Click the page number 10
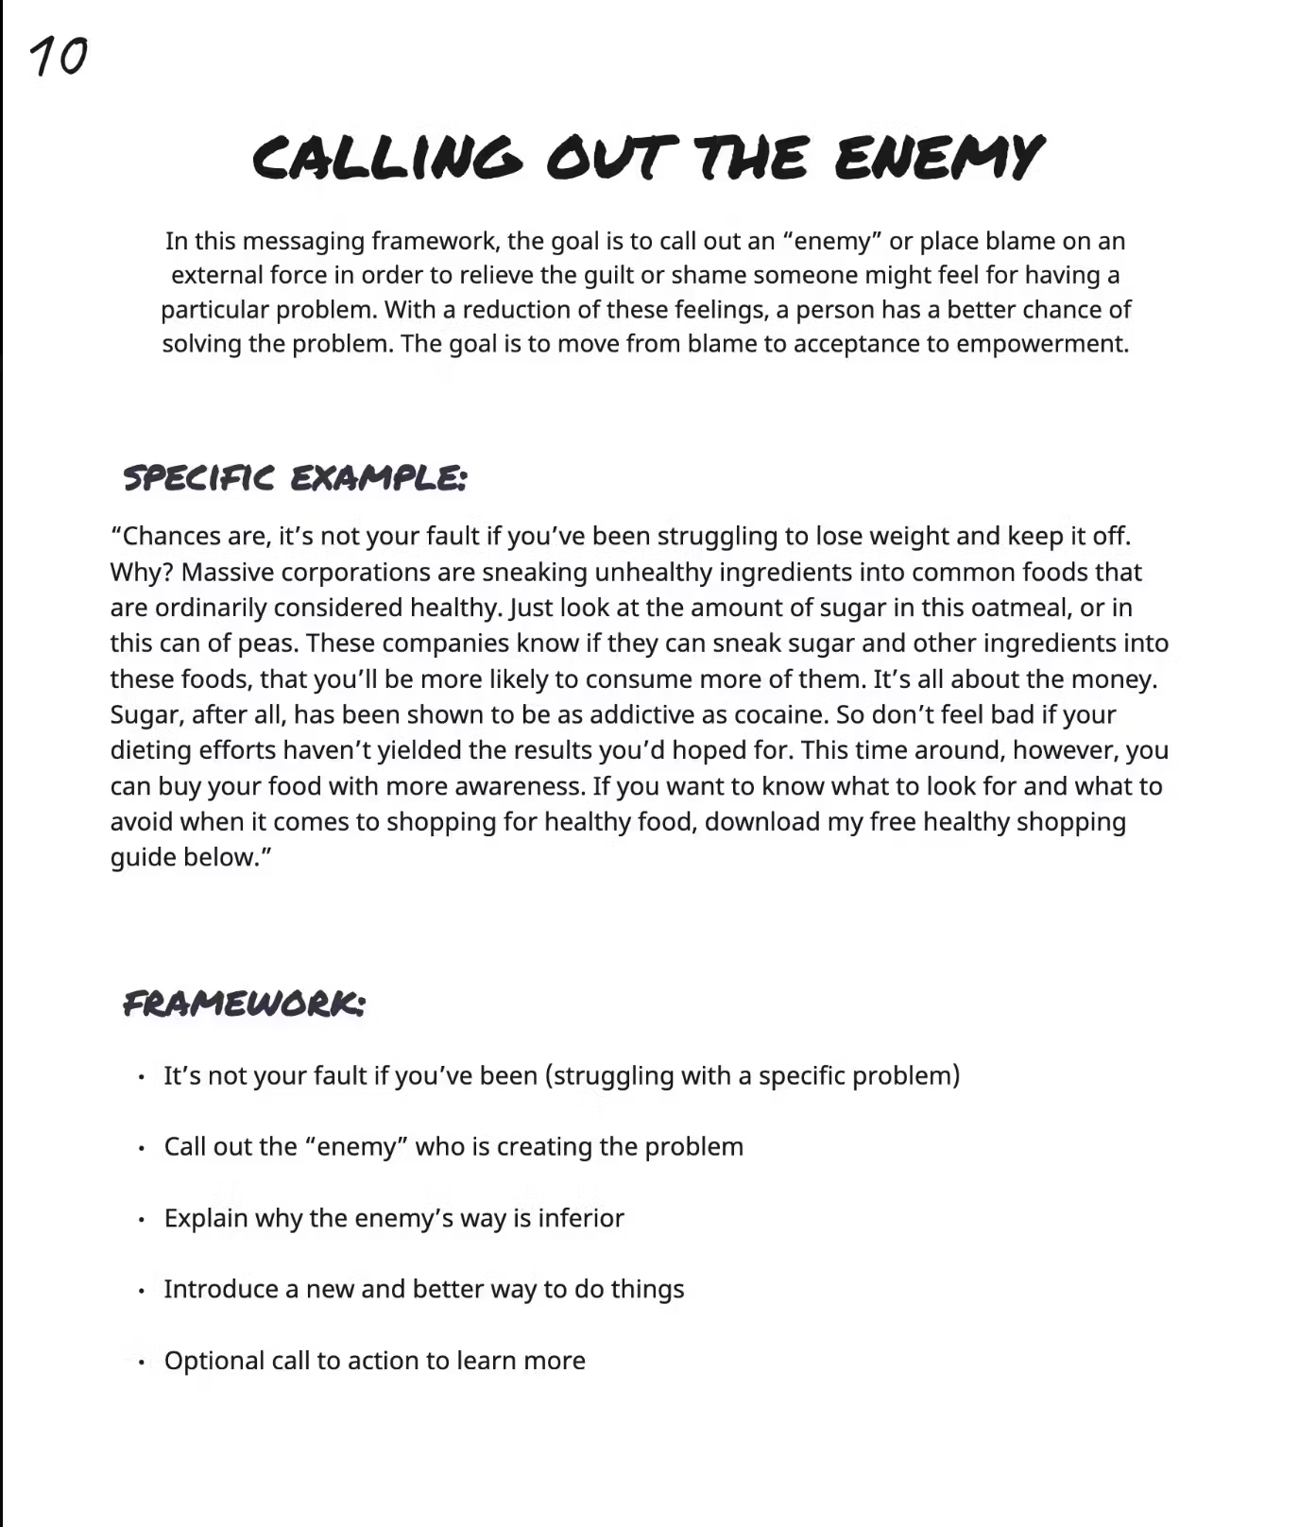coord(59,57)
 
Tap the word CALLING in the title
coord(386,158)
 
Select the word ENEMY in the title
coord(938,157)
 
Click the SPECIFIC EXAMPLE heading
coord(295,478)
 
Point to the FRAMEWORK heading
coord(244,1003)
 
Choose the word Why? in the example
coord(142,573)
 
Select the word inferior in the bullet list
coord(581,1218)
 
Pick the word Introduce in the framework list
coord(221,1290)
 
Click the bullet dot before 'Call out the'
coord(142,1148)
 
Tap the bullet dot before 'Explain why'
coord(142,1220)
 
